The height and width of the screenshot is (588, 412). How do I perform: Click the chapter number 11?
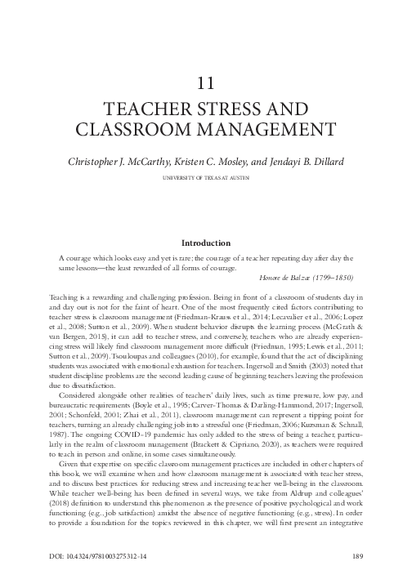(206, 83)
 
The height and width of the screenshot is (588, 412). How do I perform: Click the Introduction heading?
(206, 243)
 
